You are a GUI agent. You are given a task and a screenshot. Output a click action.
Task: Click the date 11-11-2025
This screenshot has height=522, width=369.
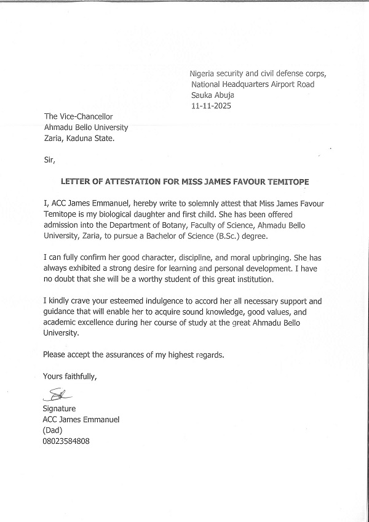coord(210,106)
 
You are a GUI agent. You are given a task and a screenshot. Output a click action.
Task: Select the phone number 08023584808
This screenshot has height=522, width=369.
coord(66,441)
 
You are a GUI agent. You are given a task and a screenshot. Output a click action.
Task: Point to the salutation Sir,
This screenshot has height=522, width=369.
coord(49,161)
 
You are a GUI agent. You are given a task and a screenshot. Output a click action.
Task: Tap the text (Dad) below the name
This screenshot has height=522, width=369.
coord(54,430)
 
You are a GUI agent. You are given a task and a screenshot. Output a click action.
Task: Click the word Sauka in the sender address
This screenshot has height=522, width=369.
coord(204,95)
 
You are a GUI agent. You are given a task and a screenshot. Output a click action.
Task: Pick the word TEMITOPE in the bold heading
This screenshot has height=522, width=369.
coord(285,183)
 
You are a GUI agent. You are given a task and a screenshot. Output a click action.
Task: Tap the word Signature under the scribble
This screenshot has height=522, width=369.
coord(59,409)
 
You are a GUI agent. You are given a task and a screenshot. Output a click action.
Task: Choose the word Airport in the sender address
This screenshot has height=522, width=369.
coord(276,84)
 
